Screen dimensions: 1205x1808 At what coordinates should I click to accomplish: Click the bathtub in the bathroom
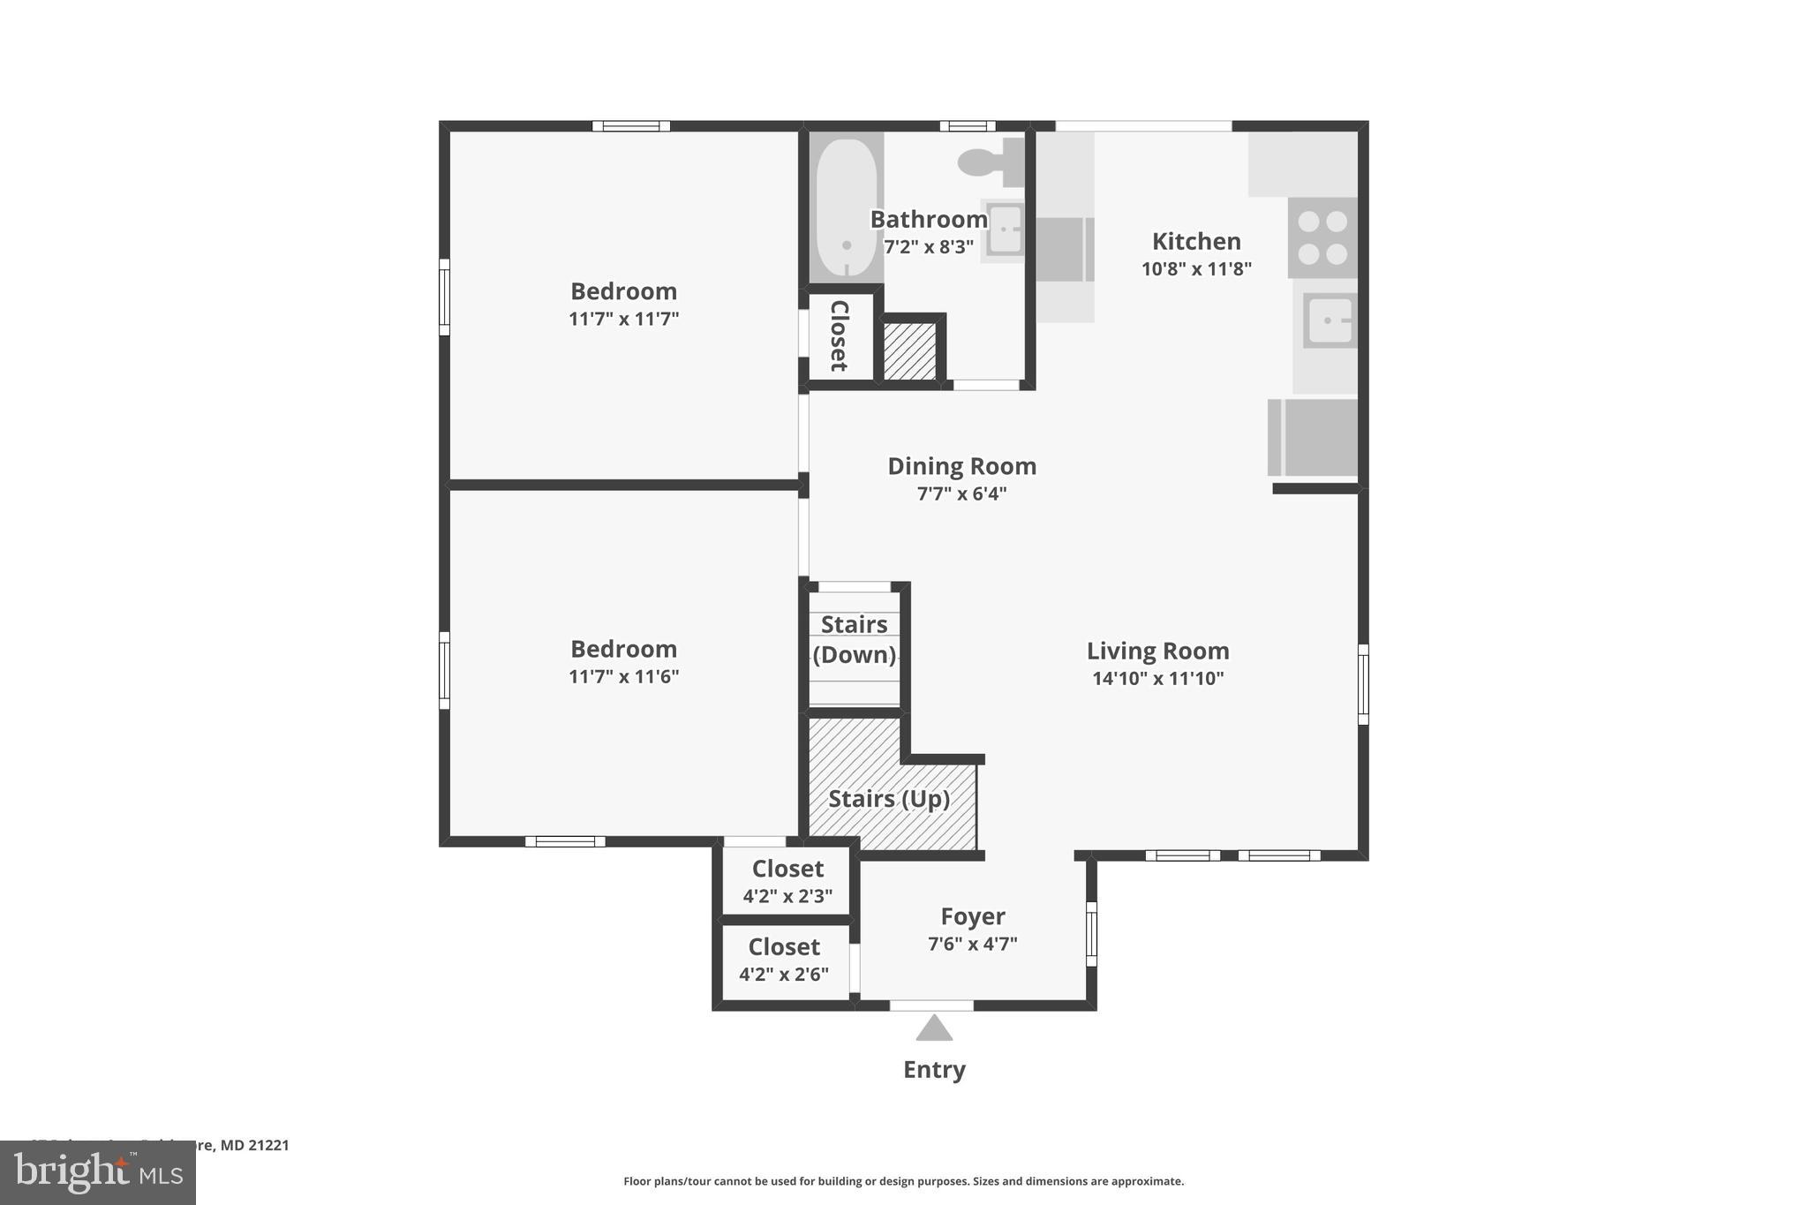point(846,208)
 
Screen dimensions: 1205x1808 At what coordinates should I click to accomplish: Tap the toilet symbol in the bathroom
point(987,162)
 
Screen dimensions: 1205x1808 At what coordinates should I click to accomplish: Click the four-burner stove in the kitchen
point(1322,237)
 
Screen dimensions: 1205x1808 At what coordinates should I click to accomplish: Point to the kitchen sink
point(1329,320)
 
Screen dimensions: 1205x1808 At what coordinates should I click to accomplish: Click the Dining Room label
point(961,466)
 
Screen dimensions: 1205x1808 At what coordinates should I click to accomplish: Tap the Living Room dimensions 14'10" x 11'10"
point(1157,678)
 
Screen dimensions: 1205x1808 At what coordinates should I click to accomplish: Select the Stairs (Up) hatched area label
point(889,799)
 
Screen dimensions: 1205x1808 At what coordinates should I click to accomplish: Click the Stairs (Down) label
point(854,639)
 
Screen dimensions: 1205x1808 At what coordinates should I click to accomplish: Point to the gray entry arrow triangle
point(934,1029)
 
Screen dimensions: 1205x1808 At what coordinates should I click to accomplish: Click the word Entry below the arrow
point(934,1070)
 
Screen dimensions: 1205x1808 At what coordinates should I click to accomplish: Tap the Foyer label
point(972,916)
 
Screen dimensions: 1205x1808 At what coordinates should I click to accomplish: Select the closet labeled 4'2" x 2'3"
point(787,881)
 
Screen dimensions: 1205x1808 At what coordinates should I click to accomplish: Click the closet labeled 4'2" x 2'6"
point(784,960)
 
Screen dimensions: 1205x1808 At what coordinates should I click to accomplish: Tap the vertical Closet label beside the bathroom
point(839,335)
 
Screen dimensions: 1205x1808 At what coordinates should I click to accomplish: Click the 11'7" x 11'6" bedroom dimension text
point(623,676)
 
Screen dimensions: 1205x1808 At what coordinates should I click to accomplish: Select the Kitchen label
point(1196,241)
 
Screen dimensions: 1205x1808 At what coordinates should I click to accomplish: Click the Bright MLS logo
point(97,1172)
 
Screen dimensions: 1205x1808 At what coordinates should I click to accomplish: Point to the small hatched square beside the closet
point(909,351)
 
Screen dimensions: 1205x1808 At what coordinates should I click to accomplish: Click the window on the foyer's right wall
point(1091,933)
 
